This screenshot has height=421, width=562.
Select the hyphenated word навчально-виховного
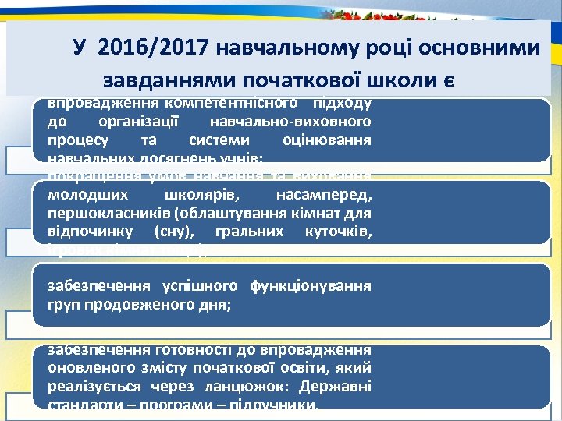tap(291, 122)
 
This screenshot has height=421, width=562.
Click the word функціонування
tap(311, 285)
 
